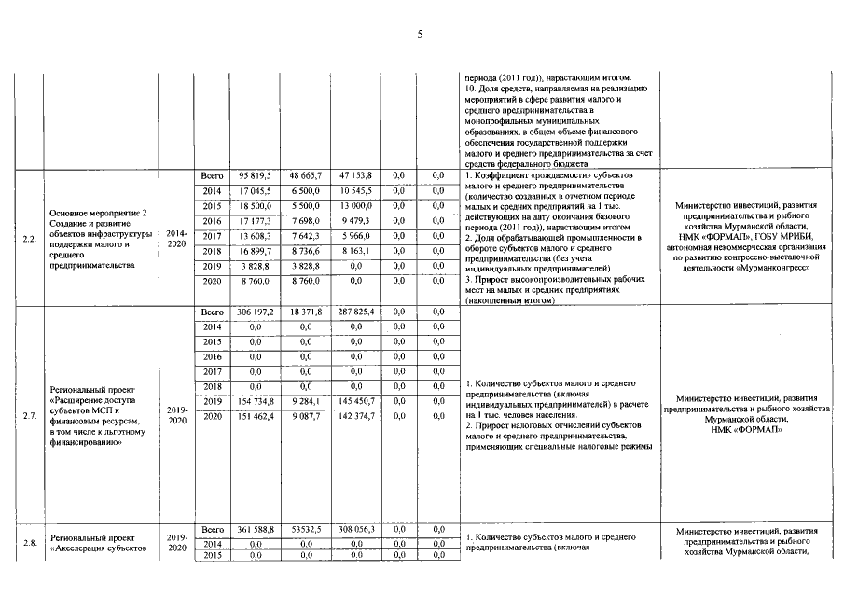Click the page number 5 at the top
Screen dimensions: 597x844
(421, 35)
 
